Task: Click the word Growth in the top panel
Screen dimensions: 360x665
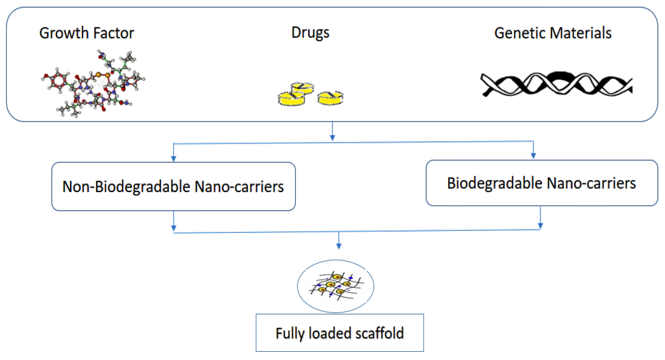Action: (64, 33)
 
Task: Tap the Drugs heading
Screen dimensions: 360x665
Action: (310, 33)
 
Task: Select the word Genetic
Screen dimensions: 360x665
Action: (519, 33)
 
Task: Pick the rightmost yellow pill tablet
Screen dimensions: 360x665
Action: (330, 98)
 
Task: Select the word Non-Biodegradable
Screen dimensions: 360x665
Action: (126, 187)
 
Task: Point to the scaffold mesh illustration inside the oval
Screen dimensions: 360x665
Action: (336, 286)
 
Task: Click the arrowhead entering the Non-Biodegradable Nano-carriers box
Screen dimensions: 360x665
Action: (173, 158)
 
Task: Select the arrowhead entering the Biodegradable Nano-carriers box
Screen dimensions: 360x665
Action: (533, 156)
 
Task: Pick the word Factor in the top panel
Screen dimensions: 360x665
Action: (114, 33)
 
